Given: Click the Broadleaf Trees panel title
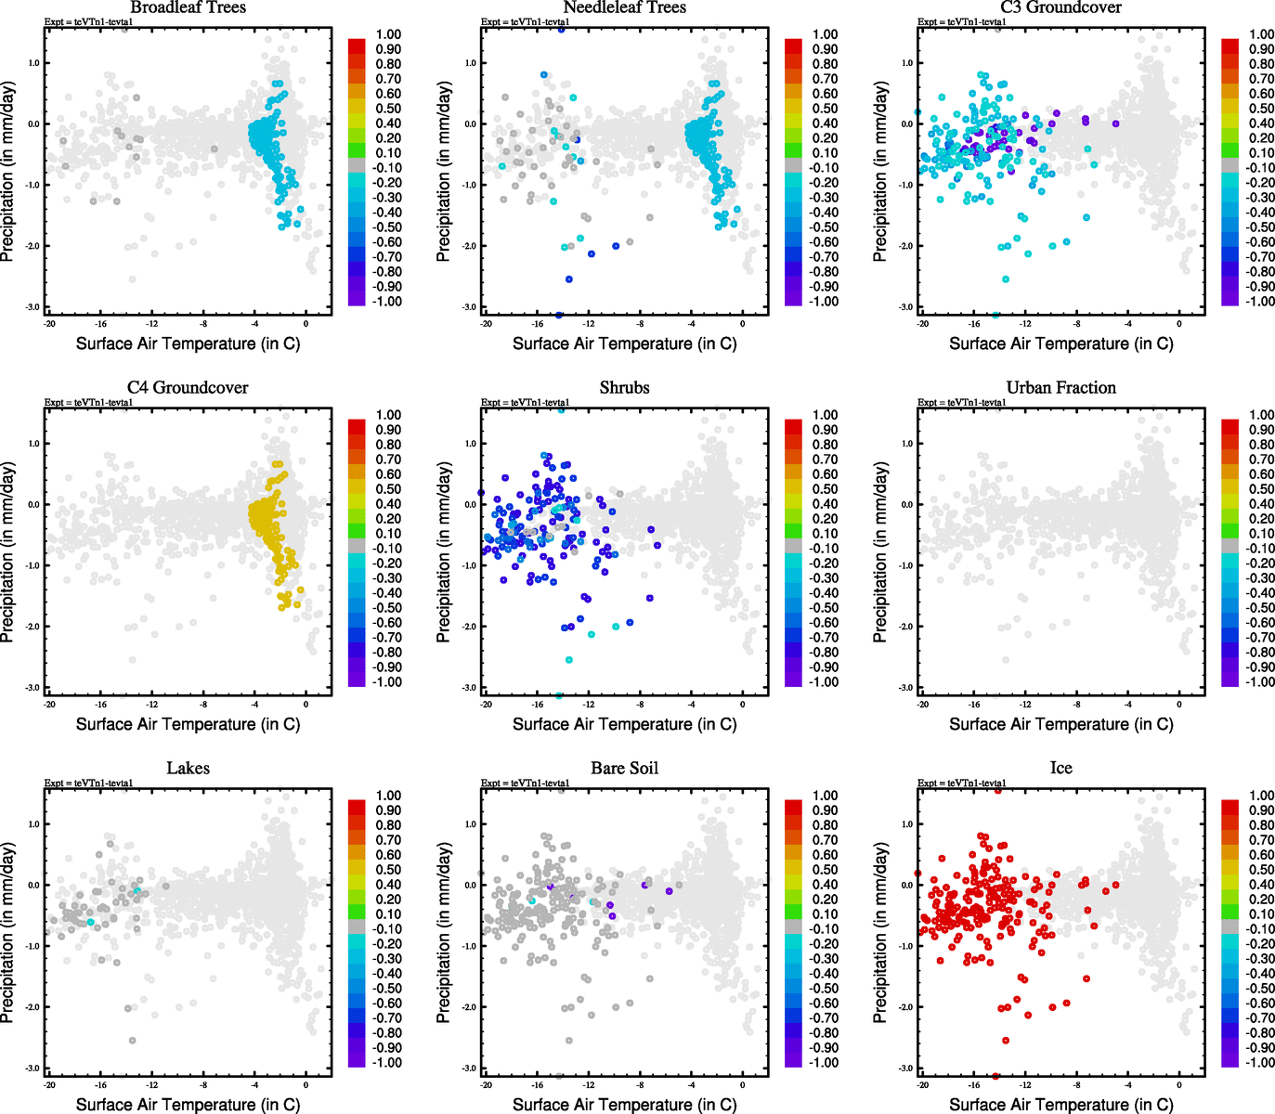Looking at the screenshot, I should pos(188,7).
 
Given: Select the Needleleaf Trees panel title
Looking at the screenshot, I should pos(624,7).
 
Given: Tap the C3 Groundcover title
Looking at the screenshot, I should pos(1060,7).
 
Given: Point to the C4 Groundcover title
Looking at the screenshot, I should pos(188,387).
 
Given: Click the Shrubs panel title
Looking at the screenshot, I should pos(624,387).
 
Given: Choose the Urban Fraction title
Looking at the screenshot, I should pos(1060,387).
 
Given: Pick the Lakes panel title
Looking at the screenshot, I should pos(188,768).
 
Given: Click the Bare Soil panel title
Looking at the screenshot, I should pos(624,768).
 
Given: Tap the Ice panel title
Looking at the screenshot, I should pos(1060,768).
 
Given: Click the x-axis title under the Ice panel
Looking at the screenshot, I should pos(1060,1104).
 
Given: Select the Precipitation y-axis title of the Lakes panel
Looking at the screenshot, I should pos(8,933).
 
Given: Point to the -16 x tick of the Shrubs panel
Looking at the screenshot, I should pos(537,705).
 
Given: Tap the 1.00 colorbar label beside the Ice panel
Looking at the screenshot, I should pos(1261,796).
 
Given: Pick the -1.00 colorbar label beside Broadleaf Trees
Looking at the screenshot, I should pos(387,302).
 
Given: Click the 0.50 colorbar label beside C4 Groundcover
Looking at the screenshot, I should pos(388,489).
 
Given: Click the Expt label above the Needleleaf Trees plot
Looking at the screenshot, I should pos(525,21).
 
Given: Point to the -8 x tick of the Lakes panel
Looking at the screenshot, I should pos(203,1085).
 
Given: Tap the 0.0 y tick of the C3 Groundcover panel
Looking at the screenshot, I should pos(906,124).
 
